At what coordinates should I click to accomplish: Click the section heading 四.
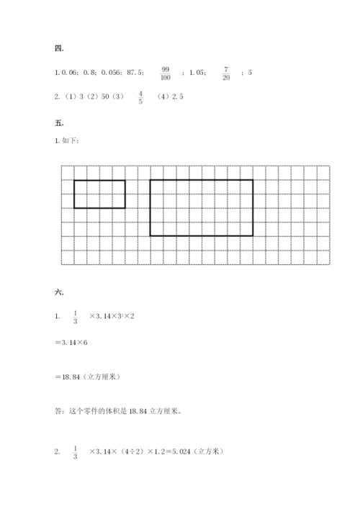pyautogui.click(x=58, y=49)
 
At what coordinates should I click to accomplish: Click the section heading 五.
pyautogui.click(x=58, y=123)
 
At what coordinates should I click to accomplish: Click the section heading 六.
pyautogui.click(x=58, y=293)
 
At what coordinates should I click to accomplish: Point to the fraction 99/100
pyautogui.click(x=166, y=73)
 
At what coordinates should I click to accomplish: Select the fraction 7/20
pyautogui.click(x=226, y=73)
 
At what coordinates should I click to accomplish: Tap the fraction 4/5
pyautogui.click(x=140, y=97)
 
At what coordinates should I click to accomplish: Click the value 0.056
pyautogui.click(x=111, y=73)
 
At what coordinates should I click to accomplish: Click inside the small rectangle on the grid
pyautogui.click(x=99, y=194)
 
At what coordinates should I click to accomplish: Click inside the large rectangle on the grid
pyautogui.click(x=201, y=207)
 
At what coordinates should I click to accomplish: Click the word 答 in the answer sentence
pyautogui.click(x=58, y=413)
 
